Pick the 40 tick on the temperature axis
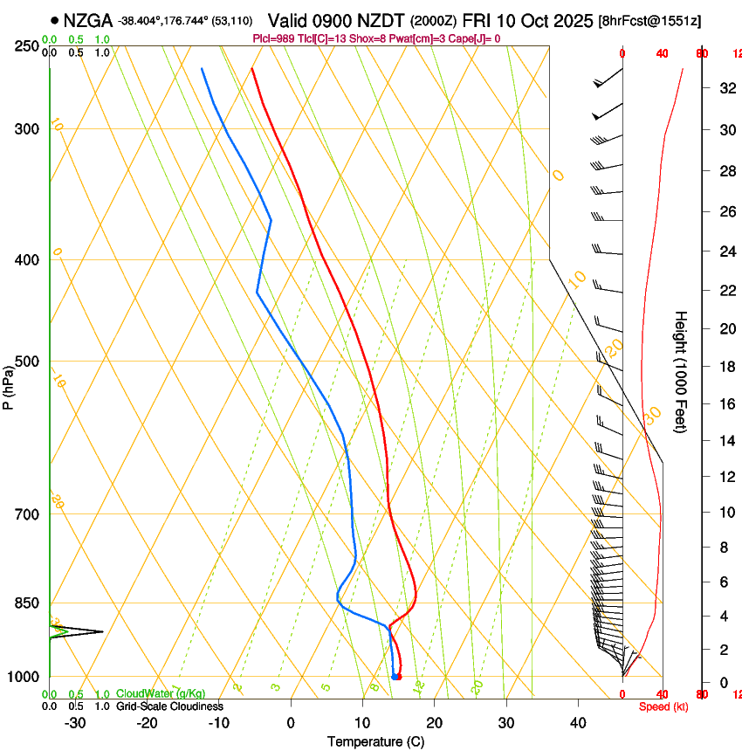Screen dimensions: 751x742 click(x=578, y=722)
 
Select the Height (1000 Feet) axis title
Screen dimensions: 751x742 click(x=682, y=371)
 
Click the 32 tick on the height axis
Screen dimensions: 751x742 click(x=725, y=88)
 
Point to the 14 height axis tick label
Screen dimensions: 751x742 click(x=725, y=440)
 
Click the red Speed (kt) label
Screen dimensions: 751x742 click(x=663, y=706)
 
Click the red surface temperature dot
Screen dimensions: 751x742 click(x=399, y=676)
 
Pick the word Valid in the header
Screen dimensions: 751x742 click(x=289, y=20)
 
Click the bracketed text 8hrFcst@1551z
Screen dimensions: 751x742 click(x=650, y=20)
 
